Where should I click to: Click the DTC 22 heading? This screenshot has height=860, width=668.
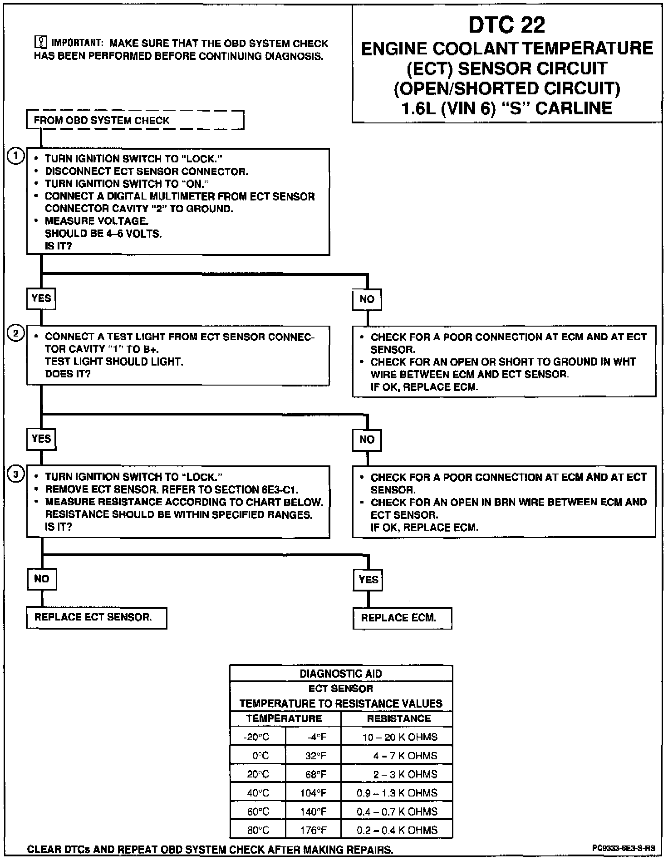coord(506,25)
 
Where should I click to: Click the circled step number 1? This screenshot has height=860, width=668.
coord(16,156)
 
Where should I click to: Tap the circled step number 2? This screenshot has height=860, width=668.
coord(16,334)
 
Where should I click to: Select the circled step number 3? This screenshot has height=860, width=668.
coord(16,474)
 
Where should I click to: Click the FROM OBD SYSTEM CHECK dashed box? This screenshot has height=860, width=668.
coord(135,120)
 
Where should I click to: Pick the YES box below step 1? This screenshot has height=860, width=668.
coord(41,298)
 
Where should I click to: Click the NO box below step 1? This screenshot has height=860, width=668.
coord(367,299)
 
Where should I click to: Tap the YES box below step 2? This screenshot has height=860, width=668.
coord(41,439)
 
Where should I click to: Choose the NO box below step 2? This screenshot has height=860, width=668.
coord(367,440)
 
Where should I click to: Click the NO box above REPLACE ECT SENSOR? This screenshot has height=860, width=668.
coord(41,579)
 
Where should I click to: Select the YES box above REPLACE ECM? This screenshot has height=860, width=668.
coord(368,580)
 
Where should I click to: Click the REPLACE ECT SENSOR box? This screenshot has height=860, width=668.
coord(96,617)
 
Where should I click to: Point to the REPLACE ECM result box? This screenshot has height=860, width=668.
coord(402,618)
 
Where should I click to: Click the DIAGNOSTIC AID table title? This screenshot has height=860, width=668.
coord(341,674)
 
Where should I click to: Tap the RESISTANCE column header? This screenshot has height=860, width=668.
coord(398,718)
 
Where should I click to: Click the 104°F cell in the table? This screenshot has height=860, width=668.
coord(313,793)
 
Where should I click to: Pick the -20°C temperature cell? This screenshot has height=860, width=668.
coord(257,737)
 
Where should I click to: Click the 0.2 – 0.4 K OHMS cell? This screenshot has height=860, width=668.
coord(397,830)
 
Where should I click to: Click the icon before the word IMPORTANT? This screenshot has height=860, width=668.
coord(41,43)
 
